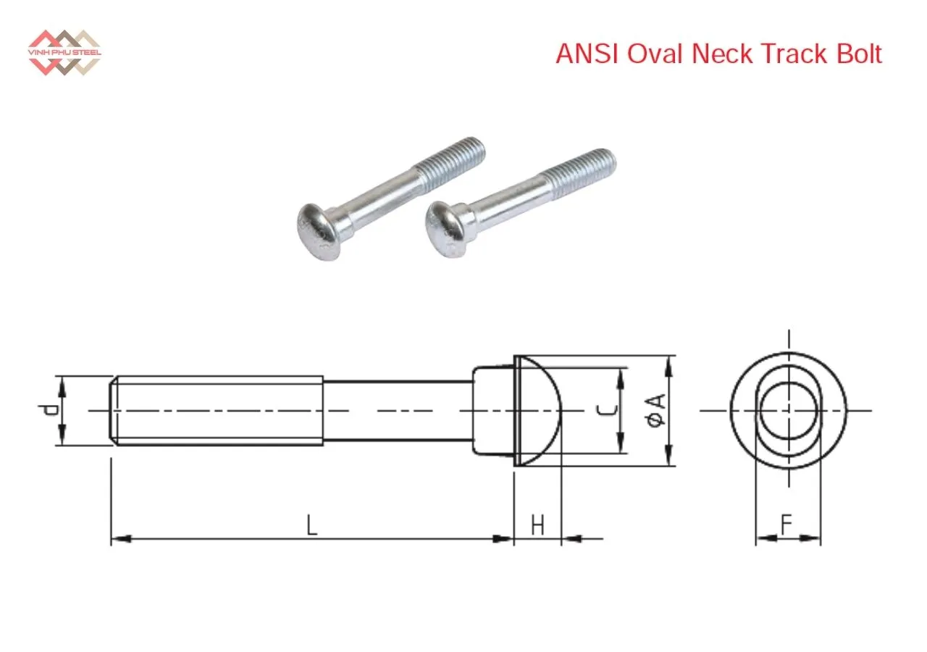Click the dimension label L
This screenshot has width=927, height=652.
[311, 524]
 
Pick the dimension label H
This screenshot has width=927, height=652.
[537, 525]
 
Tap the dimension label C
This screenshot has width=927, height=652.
[609, 411]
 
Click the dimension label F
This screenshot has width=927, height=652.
[787, 524]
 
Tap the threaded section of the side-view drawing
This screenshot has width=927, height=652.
[217, 411]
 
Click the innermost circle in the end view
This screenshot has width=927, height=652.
[789, 411]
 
